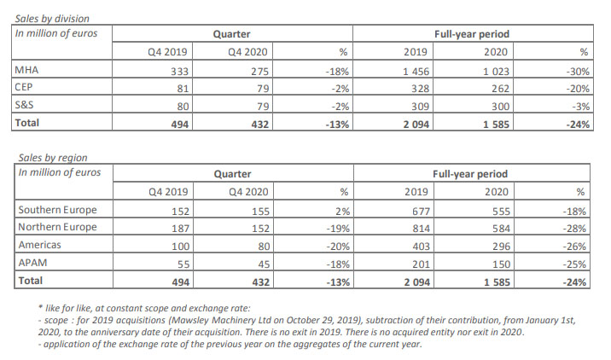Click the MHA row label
[26, 70]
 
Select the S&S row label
[24, 105]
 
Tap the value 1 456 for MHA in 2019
[416, 72]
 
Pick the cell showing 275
[259, 72]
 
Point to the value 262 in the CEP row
[500, 89]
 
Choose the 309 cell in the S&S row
[420, 107]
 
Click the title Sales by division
[52, 19]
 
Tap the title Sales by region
[53, 158]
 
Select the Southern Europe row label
[57, 210]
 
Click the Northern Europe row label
[57, 227]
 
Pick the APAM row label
[32, 263]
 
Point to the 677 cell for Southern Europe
[421, 212]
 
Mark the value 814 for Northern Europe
[421, 229]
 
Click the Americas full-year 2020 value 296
[501, 247]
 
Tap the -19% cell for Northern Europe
[338, 229]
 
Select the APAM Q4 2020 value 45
[264, 264]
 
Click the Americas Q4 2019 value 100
[180, 247]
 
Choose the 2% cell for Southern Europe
[342, 212]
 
